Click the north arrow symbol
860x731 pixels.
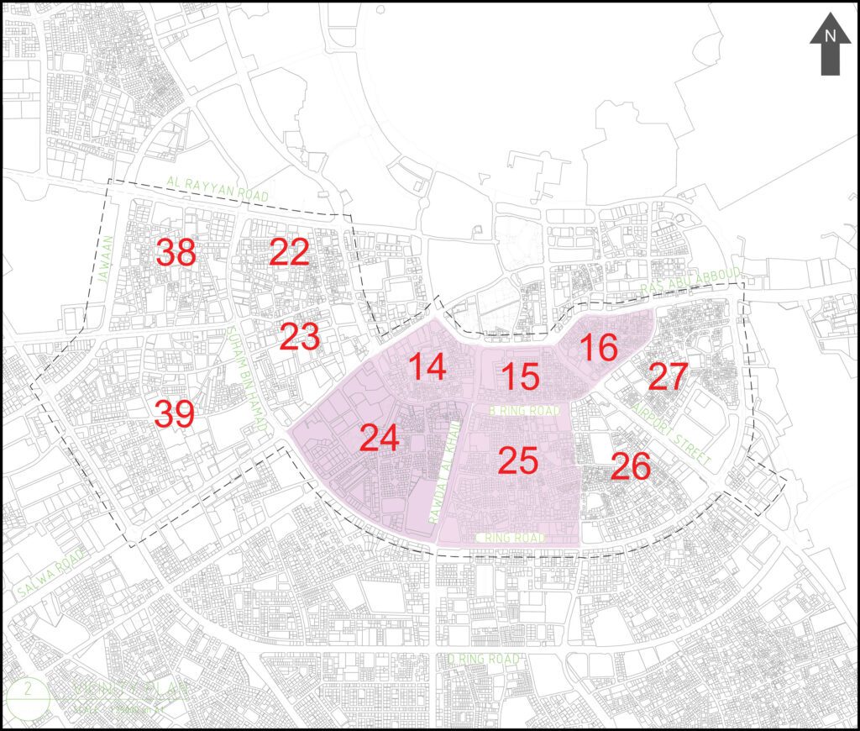[x=830, y=46]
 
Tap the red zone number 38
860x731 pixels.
[x=176, y=252]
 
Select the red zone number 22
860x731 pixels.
[x=290, y=252]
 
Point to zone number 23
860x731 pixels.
[x=300, y=337]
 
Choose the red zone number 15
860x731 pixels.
[x=521, y=376]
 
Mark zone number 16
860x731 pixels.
[x=599, y=347]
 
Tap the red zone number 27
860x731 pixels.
[x=669, y=376]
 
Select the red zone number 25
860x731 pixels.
[x=517, y=460]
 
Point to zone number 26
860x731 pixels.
[x=631, y=467]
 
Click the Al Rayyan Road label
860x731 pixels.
[x=218, y=187]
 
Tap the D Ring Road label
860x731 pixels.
[x=483, y=659]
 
